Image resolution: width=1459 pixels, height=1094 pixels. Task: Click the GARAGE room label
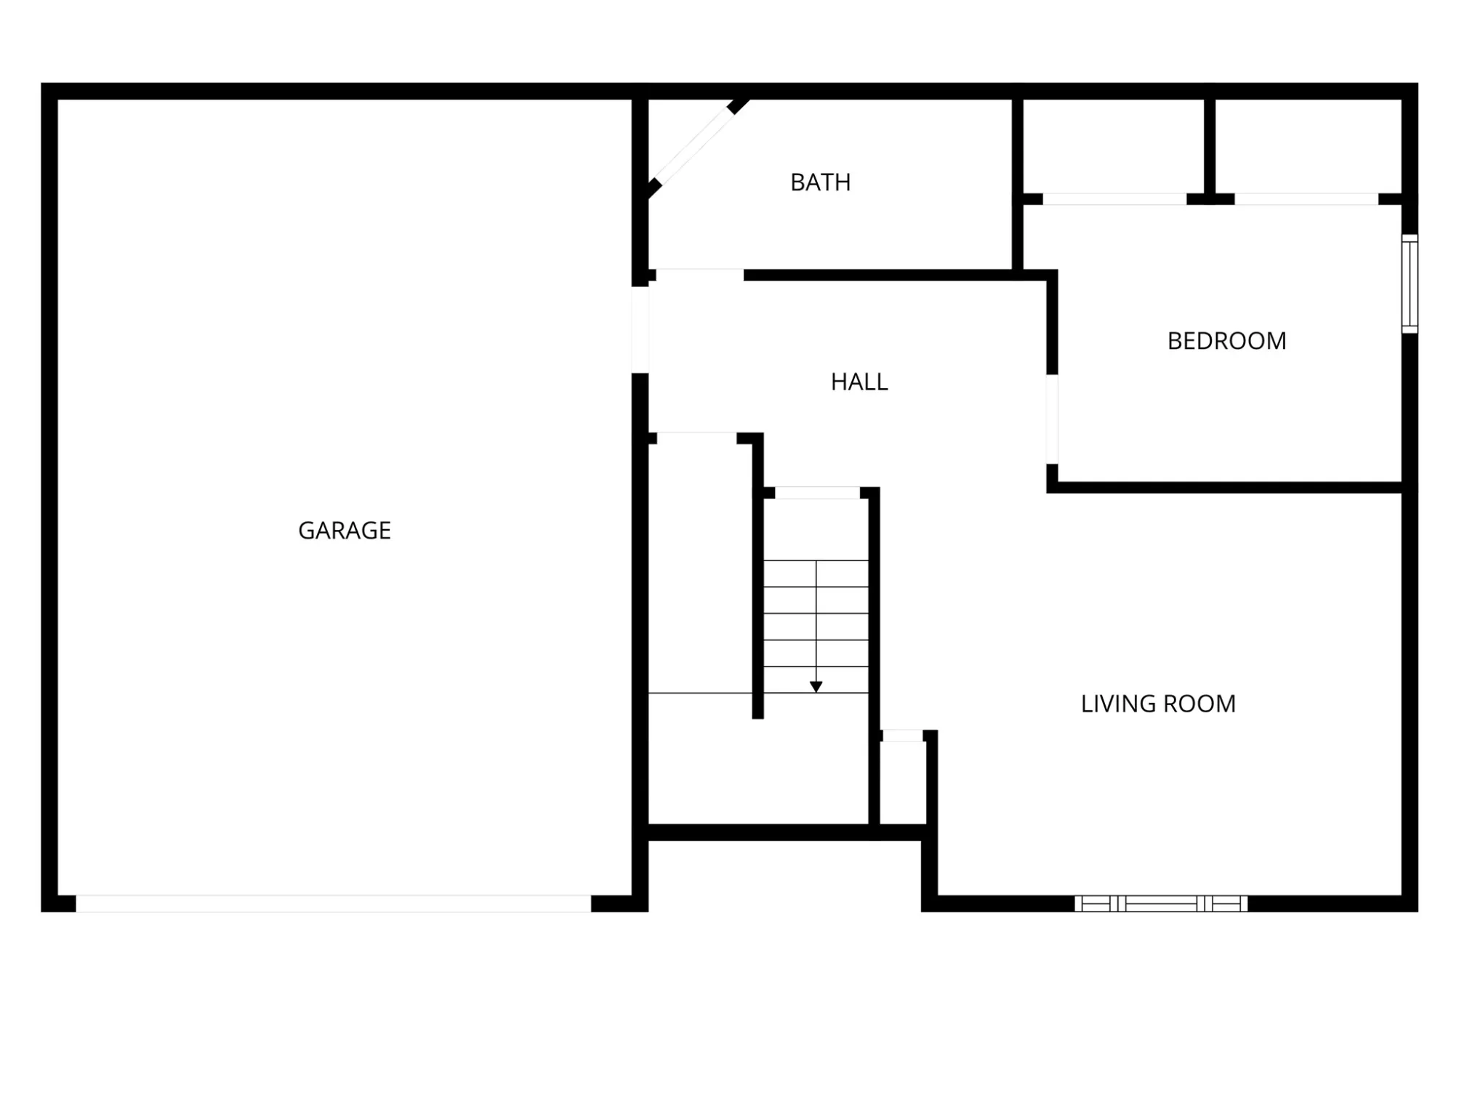pos(345,531)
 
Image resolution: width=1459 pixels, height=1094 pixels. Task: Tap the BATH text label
pos(821,182)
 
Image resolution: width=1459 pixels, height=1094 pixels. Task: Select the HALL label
pos(859,382)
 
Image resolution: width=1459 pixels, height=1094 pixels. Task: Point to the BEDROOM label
pos(1227,341)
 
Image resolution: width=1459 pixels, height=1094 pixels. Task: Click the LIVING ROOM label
pos(1158,704)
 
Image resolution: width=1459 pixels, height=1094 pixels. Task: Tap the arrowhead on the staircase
pos(816,687)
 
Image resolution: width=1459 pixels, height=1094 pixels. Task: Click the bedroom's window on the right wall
pos(1410,283)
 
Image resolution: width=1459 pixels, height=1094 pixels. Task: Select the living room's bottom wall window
pos(1161,904)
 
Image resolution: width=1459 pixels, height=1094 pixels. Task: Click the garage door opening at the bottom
pos(334,904)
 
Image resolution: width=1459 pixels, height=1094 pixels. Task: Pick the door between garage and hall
pos(640,330)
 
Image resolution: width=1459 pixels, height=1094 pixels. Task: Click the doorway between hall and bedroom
pos(1052,419)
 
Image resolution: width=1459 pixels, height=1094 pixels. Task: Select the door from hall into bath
pos(700,275)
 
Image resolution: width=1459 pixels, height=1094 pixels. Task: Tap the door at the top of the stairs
pos(818,493)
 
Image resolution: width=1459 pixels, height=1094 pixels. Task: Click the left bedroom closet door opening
pos(1114,199)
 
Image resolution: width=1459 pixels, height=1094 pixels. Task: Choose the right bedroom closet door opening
pos(1306,199)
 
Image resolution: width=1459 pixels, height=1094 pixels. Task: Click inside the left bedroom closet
pos(1114,146)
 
